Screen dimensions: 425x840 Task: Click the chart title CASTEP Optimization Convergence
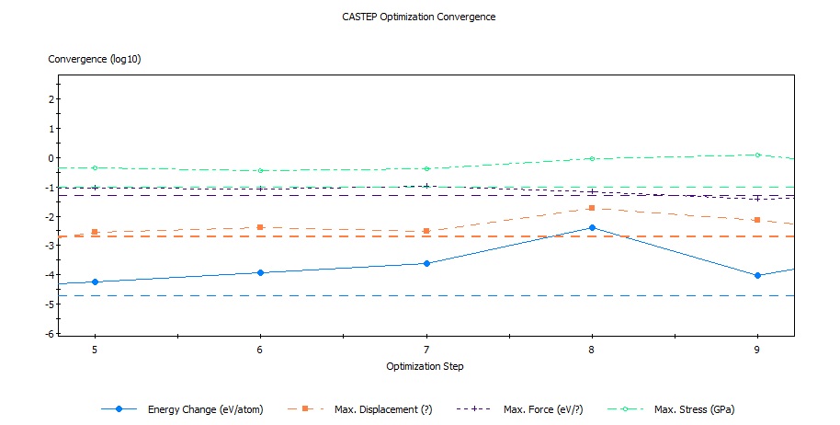pyautogui.click(x=418, y=17)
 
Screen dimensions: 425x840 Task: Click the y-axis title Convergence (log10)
pyautogui.click(x=94, y=59)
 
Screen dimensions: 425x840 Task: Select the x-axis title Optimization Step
pyautogui.click(x=426, y=366)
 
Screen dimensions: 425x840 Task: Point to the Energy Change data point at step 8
pyautogui.click(x=592, y=227)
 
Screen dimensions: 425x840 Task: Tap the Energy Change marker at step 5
pyautogui.click(x=95, y=281)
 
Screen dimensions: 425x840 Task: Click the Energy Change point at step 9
pyautogui.click(x=757, y=275)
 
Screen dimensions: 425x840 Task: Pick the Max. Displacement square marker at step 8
pyautogui.click(x=592, y=208)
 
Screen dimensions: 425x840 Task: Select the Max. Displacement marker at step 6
pyautogui.click(x=260, y=226)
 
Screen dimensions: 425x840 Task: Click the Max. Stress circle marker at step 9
pyautogui.click(x=757, y=155)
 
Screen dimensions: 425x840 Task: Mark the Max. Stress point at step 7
pyautogui.click(x=426, y=168)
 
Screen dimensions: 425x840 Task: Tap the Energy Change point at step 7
pyautogui.click(x=426, y=263)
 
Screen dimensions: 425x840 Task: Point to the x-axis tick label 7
pyautogui.click(x=426, y=350)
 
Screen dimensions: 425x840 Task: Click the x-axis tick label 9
pyautogui.click(x=757, y=350)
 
